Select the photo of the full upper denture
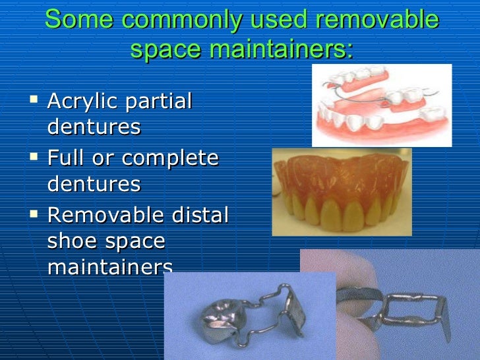point(342,192)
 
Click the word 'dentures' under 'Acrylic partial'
point(94,127)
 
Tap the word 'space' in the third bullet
point(135,241)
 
